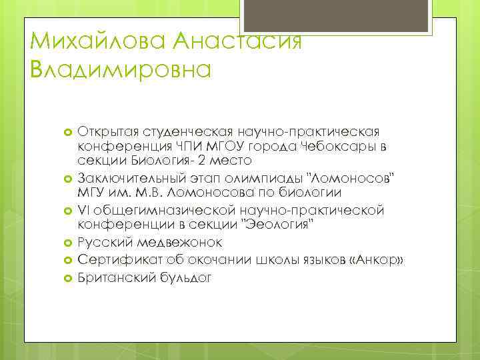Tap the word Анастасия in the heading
click(x=237, y=42)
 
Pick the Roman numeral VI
click(x=85, y=211)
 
